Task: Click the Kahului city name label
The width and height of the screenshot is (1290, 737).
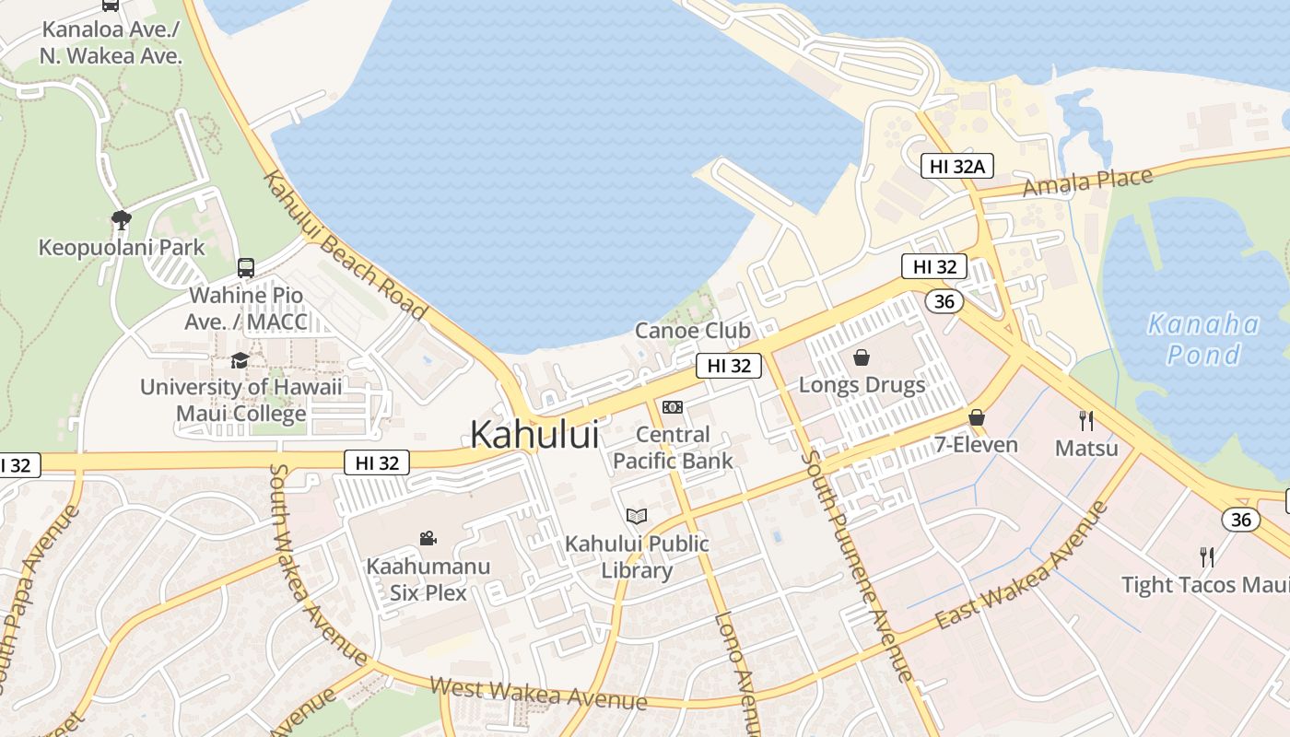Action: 534,434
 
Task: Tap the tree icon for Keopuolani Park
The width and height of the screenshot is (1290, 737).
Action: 121,219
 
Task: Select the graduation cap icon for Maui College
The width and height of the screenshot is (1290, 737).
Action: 240,360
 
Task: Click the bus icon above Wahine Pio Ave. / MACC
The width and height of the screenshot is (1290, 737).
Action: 246,268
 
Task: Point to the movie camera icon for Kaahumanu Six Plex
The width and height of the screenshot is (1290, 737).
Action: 428,538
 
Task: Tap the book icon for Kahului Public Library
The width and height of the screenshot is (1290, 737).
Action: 636,516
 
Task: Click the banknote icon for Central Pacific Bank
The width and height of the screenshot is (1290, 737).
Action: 673,407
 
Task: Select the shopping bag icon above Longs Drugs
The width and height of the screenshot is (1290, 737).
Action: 862,357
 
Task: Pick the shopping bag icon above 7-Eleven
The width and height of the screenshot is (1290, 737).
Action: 977,417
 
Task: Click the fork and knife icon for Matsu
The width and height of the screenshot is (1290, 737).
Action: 1086,421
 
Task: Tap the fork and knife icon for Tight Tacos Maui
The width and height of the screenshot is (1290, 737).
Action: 1207,556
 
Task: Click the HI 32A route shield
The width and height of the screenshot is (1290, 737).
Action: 957,166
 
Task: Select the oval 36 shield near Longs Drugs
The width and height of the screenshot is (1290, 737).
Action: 943,301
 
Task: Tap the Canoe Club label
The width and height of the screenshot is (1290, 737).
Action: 693,331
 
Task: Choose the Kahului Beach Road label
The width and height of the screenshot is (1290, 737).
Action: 346,245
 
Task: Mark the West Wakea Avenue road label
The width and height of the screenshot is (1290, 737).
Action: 538,694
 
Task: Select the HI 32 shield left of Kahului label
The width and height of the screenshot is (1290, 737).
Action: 377,462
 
